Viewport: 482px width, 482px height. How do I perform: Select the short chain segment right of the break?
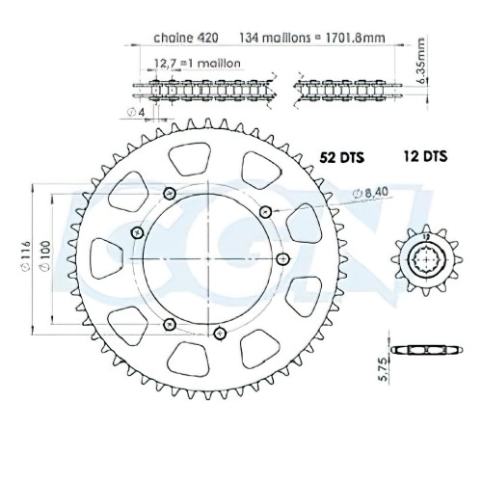(x=327, y=90)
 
